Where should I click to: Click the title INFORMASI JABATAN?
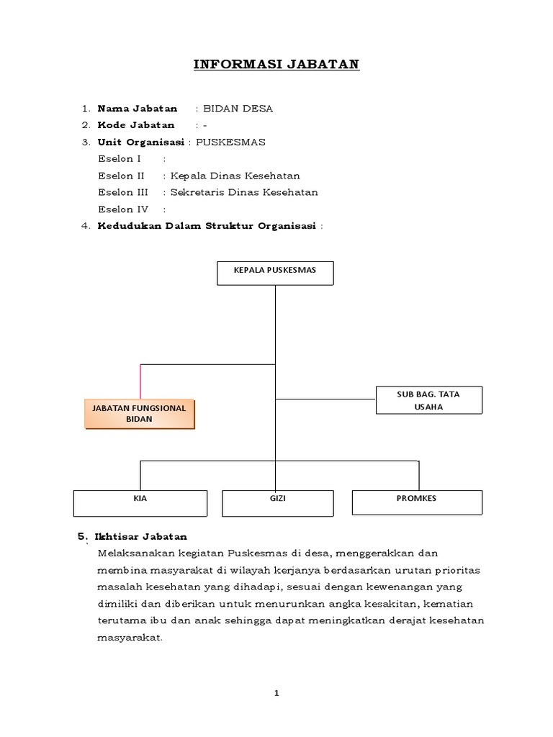coord(276,65)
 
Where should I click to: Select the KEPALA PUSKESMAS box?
coord(275,273)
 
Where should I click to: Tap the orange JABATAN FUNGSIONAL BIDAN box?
coord(140,414)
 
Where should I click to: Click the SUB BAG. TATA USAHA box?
coord(429,400)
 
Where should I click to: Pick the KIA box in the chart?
coord(140,502)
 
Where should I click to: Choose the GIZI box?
coord(277,502)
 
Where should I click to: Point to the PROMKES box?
coord(417,502)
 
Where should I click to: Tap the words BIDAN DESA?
coord(238,109)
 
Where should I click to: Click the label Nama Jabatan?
coord(137,109)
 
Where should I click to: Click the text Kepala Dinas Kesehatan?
coord(235,176)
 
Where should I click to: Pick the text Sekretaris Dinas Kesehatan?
coord(243,192)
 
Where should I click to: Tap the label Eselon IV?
coord(122,209)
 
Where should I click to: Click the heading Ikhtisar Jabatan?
coord(140,537)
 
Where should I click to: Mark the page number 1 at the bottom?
coord(276,693)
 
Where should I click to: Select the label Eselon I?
coord(119,159)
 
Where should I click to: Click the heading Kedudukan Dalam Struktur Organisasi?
coord(207,226)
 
